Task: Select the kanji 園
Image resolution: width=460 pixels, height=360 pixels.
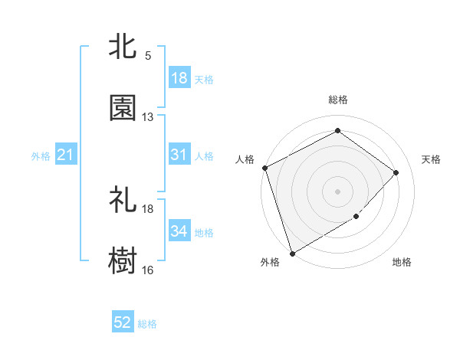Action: coord(123,108)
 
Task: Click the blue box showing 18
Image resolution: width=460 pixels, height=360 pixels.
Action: coord(179,77)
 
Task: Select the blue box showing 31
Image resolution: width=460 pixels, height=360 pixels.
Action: coord(179,155)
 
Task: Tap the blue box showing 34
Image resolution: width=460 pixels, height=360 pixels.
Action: coord(179,231)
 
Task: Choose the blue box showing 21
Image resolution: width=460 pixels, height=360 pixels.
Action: coord(66,155)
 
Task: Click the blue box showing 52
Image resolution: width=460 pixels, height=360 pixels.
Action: coord(123,322)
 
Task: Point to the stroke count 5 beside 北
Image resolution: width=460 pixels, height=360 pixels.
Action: coord(148,56)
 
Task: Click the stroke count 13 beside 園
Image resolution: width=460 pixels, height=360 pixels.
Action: coord(148,117)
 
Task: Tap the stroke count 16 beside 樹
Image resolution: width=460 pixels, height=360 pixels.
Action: coord(148,270)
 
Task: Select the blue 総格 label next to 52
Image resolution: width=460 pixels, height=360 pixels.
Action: coord(147,324)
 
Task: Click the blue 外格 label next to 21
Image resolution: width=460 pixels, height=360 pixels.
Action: coord(41,156)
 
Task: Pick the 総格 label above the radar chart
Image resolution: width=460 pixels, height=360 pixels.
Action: coord(338,100)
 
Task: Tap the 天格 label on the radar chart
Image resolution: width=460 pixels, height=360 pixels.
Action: coord(432,159)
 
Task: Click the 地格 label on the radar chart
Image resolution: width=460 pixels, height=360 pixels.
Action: coord(402,263)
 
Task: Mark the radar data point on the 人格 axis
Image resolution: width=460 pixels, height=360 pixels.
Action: coord(264,168)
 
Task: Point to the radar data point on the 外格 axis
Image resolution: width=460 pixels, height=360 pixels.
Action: coord(292,253)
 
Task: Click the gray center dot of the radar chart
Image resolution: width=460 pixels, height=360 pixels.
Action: coord(337,191)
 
